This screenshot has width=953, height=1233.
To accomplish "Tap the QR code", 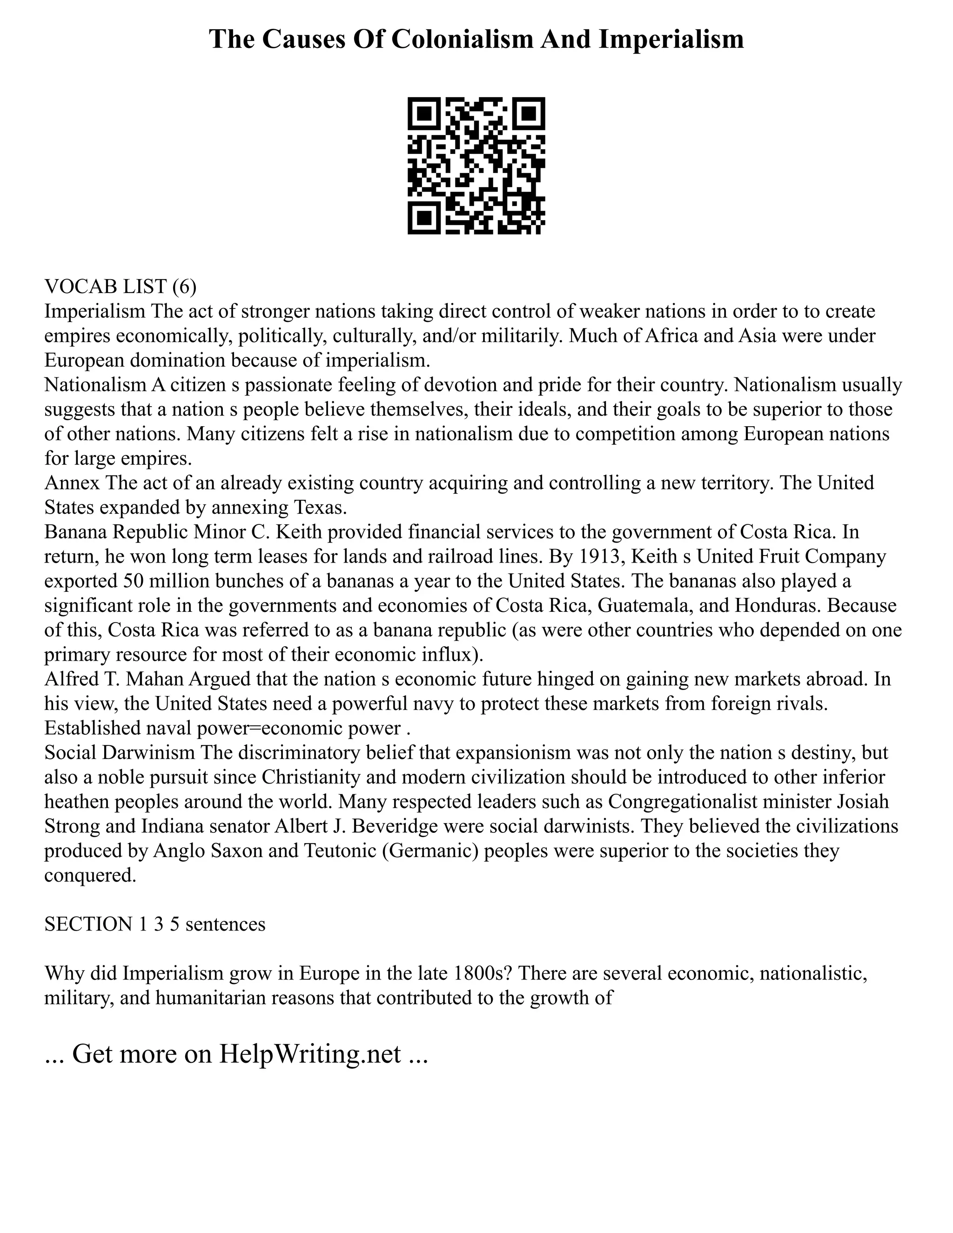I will click(476, 166).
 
